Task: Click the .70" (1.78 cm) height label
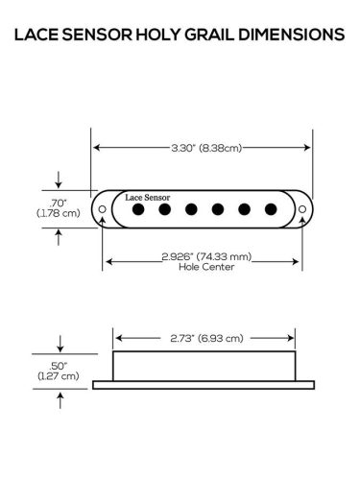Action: [59, 208]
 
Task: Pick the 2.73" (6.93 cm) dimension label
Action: [204, 338]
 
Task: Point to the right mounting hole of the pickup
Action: [301, 208]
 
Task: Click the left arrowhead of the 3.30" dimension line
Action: [97, 148]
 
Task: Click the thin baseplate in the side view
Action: [204, 386]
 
